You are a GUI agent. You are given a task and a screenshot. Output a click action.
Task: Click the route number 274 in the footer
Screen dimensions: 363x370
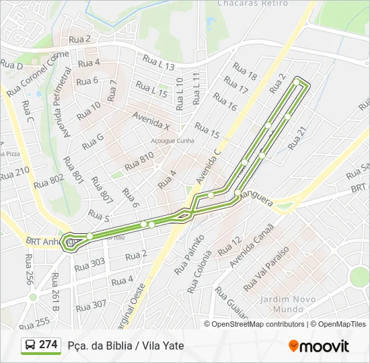coord(48,345)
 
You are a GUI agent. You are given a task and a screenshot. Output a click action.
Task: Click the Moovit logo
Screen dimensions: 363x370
coord(319,346)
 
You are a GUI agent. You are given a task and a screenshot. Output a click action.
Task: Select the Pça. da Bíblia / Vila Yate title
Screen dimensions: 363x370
coord(126,346)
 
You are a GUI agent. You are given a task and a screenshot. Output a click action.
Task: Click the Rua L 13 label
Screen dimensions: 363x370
coord(159,66)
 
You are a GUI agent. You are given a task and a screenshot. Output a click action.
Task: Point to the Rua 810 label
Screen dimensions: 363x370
coord(140,161)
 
